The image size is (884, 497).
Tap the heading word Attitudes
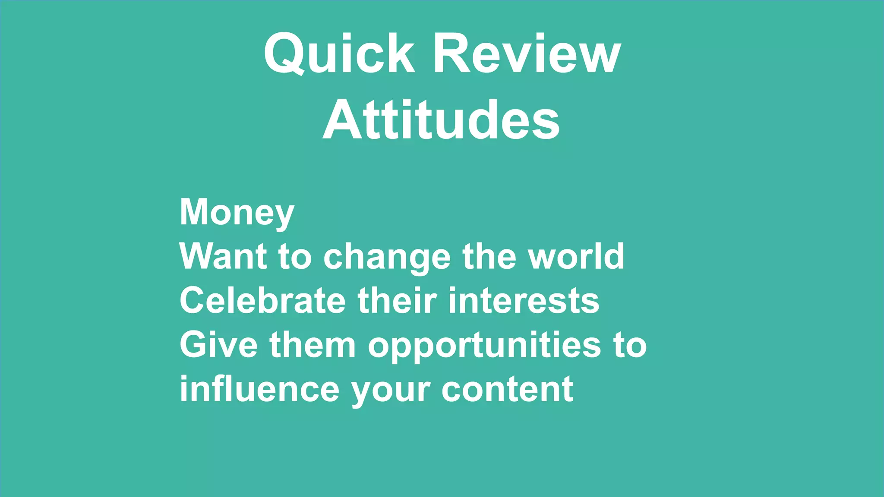tap(441, 120)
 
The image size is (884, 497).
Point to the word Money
tap(237, 212)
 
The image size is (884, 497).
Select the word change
tap(387, 257)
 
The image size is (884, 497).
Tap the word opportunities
tap(484, 346)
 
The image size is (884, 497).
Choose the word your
tap(390, 390)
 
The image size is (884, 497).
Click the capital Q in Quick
tap(283, 53)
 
